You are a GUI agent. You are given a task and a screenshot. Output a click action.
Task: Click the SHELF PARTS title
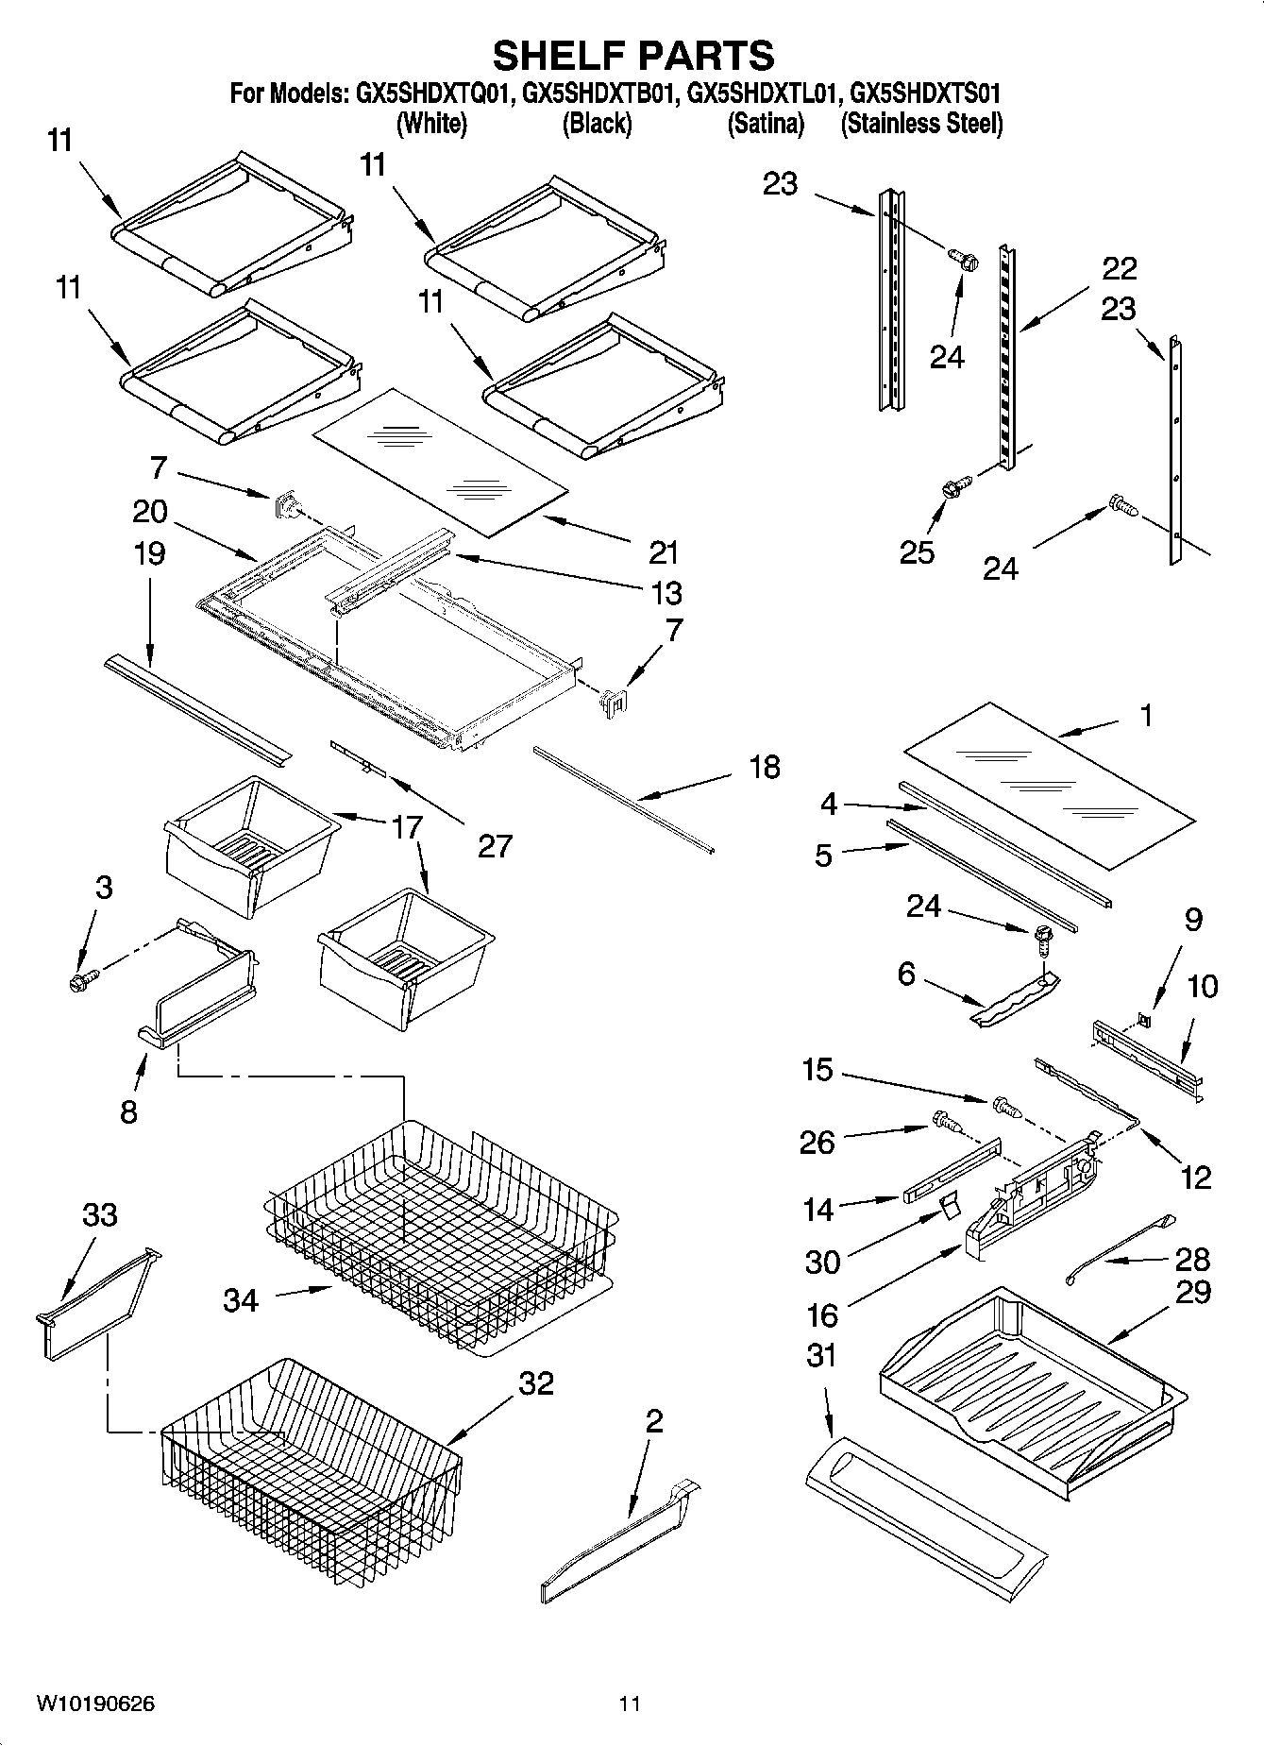(632, 57)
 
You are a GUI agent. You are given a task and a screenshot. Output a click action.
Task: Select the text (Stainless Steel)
(921, 124)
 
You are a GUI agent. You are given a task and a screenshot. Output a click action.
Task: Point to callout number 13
(666, 593)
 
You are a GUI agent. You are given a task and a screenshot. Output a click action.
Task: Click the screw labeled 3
(84, 981)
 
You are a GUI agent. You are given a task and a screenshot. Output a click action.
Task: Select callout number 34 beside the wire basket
(241, 1300)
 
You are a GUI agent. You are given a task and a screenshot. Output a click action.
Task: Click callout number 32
(536, 1383)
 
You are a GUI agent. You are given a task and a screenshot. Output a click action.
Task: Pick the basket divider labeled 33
(94, 1303)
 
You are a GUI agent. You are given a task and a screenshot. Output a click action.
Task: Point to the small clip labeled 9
(1143, 1020)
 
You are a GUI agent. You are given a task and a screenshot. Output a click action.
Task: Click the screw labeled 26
(944, 1121)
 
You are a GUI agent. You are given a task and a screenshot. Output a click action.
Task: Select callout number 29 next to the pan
(1193, 1291)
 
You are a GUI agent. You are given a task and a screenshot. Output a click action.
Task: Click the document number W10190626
(95, 1704)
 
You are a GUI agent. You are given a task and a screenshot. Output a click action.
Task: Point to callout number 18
(764, 767)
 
